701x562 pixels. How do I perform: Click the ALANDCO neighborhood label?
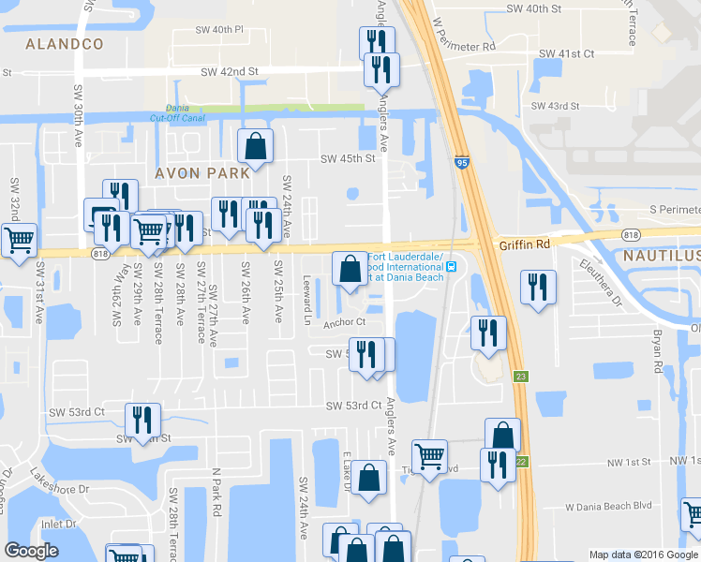(65, 44)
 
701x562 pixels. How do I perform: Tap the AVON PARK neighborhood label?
(202, 173)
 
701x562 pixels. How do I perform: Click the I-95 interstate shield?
(462, 161)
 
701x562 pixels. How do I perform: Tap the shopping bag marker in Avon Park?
(255, 146)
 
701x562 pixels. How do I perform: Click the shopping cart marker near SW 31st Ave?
(19, 241)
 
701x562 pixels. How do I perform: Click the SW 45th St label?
(348, 158)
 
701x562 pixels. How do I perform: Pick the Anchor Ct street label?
(343, 324)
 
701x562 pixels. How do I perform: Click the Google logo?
(31, 551)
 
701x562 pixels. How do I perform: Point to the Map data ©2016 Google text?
(644, 555)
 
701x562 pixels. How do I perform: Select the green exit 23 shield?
(520, 377)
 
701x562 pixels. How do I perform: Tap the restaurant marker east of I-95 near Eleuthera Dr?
(537, 287)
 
